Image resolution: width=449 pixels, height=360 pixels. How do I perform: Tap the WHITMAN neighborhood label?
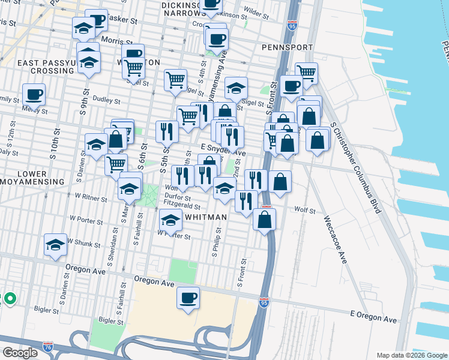pyautogui.click(x=206, y=217)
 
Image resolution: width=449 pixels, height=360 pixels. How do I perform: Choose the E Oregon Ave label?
pyautogui.click(x=374, y=319)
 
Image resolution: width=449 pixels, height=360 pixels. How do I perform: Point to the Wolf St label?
pyautogui.click(x=305, y=210)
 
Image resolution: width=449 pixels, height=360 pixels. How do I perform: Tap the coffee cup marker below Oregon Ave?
pyautogui.click(x=188, y=298)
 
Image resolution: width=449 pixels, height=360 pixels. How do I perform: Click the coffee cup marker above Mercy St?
pyautogui.click(x=34, y=94)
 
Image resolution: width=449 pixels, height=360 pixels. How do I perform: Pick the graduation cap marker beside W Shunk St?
pyautogui.click(x=55, y=245)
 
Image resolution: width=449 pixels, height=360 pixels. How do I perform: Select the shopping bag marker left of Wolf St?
pyautogui.click(x=265, y=220)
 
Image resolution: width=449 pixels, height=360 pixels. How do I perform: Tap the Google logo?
pyautogui.click(x=20, y=353)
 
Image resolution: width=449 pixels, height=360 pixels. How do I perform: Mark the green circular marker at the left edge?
pyautogui.click(x=10, y=298)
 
